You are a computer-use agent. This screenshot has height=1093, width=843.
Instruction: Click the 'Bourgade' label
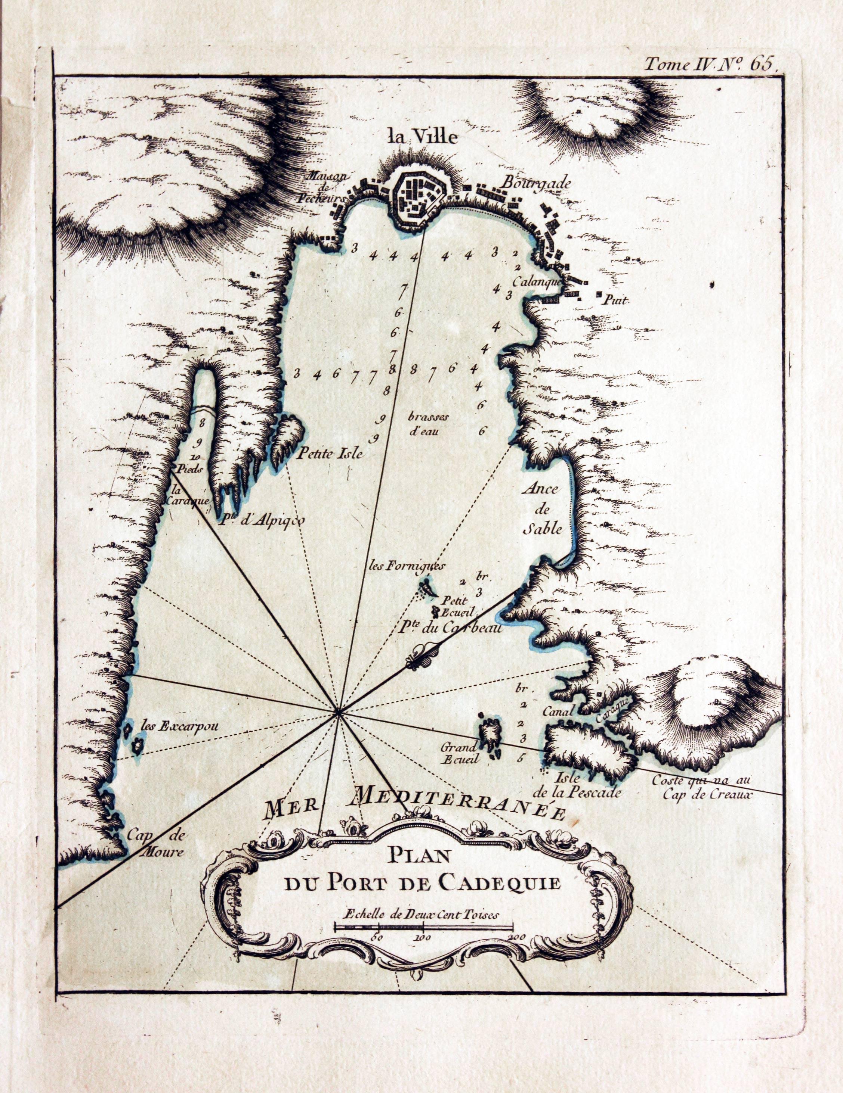pyautogui.click(x=537, y=184)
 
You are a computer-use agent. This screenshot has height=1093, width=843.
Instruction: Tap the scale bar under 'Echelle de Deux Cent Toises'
pyautogui.click(x=424, y=925)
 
